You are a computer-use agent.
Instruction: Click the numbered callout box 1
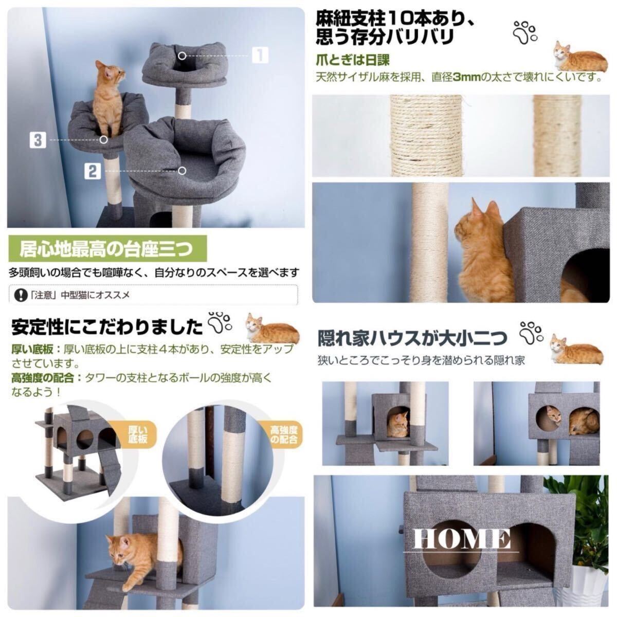click(x=260, y=55)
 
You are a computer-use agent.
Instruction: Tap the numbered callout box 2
click(x=92, y=171)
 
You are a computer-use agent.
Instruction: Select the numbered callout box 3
click(x=37, y=140)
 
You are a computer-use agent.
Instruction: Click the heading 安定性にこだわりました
click(x=107, y=327)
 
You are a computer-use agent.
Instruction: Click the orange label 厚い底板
click(x=138, y=433)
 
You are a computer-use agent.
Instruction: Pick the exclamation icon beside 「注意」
click(x=20, y=295)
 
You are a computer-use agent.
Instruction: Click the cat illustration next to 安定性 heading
click(x=271, y=329)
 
